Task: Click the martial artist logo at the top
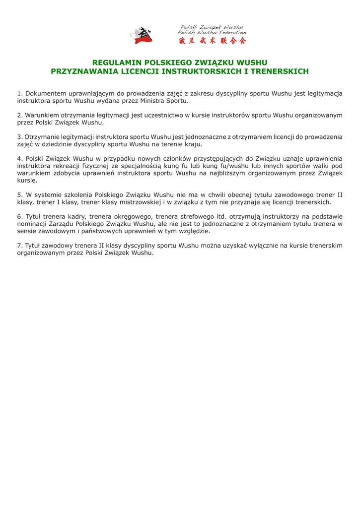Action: pos(143,35)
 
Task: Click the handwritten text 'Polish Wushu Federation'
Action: pos(212,32)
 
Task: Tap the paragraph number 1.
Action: pos(19,93)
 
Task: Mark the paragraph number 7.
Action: pos(19,246)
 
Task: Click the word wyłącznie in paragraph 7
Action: pos(254,246)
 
